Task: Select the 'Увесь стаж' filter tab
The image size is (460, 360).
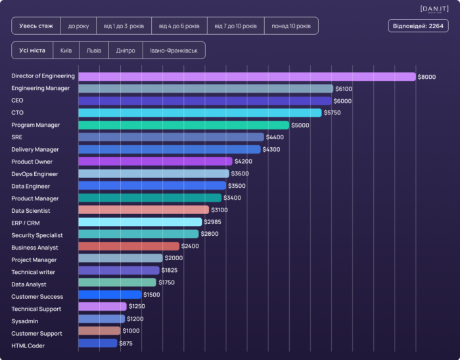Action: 36,26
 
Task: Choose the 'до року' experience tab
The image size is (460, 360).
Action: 79,26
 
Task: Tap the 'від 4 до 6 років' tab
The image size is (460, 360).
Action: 179,26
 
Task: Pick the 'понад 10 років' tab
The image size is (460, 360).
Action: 291,26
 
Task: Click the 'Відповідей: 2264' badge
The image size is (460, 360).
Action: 419,26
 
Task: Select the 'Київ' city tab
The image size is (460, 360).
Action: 66,51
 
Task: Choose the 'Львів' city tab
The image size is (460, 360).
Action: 94,51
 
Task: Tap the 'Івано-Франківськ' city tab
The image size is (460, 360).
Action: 173,51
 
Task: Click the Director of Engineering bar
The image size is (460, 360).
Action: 246,76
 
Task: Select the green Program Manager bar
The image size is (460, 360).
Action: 183,125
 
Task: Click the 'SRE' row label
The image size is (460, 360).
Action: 16,137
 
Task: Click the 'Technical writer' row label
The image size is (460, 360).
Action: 34,271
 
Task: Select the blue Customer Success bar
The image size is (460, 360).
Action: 110,296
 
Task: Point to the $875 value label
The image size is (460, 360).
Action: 126,344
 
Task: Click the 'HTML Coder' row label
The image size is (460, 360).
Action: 28,346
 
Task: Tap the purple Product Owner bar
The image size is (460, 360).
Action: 155,162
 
